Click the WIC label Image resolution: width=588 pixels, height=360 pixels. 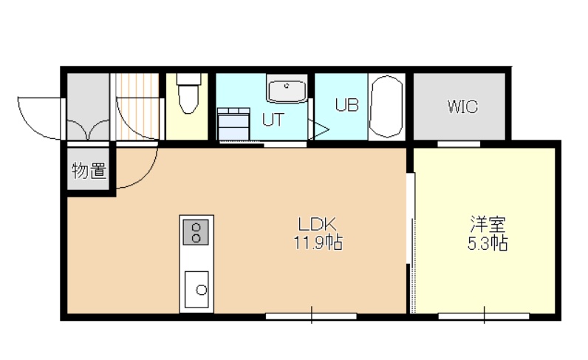tap(462, 106)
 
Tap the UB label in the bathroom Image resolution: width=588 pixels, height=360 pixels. tap(347, 105)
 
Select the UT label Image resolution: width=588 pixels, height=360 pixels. tap(273, 120)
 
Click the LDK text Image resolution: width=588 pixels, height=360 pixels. tap(317, 225)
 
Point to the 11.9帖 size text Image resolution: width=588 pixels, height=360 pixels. tap(317, 242)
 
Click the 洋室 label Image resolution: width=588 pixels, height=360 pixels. tap(488, 224)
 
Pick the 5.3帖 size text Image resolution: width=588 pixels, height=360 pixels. tap(488, 243)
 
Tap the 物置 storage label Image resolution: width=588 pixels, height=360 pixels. tap(89, 171)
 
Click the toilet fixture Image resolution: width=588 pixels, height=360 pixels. tap(188, 93)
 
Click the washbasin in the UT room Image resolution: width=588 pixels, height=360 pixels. tap(287, 89)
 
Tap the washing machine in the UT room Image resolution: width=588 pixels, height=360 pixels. tap(234, 123)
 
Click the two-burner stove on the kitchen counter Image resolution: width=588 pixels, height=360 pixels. tap(195, 232)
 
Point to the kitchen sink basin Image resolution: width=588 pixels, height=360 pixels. tap(196, 290)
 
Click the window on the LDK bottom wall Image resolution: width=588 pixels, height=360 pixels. tap(311, 316)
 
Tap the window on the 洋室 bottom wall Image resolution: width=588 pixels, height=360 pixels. tap(484, 316)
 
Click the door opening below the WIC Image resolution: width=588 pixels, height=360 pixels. tap(459, 143)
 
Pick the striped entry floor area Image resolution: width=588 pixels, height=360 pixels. tap(137, 106)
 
